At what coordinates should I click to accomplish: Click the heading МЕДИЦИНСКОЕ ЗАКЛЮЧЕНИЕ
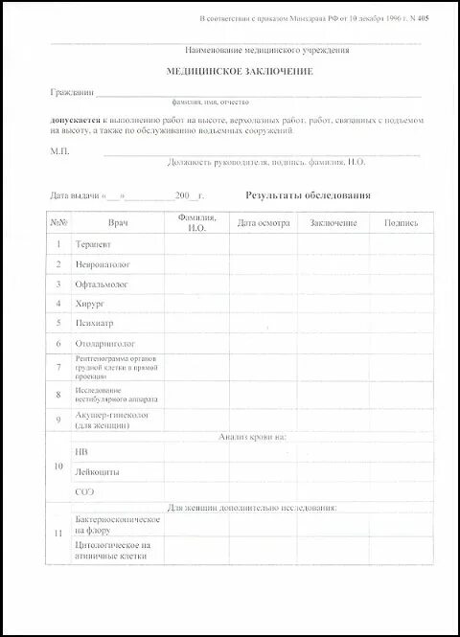click(x=227, y=72)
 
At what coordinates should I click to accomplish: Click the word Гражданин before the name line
click(x=72, y=93)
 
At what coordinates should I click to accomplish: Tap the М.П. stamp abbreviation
click(x=59, y=151)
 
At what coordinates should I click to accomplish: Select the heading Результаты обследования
click(x=308, y=195)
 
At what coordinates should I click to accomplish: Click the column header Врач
click(x=118, y=222)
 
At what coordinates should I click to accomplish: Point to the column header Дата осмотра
click(x=262, y=222)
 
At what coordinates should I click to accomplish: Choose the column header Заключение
click(x=333, y=222)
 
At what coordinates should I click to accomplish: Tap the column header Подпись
click(x=401, y=222)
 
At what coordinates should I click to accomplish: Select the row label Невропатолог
click(x=103, y=263)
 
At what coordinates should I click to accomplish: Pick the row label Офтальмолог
click(x=101, y=284)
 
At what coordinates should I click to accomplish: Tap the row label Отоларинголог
click(x=104, y=343)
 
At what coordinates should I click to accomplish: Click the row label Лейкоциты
click(x=96, y=470)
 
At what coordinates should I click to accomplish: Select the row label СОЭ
click(x=84, y=491)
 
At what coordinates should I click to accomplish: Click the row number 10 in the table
click(x=58, y=466)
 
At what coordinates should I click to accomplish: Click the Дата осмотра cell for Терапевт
click(x=262, y=243)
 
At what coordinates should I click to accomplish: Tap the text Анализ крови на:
click(x=252, y=436)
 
